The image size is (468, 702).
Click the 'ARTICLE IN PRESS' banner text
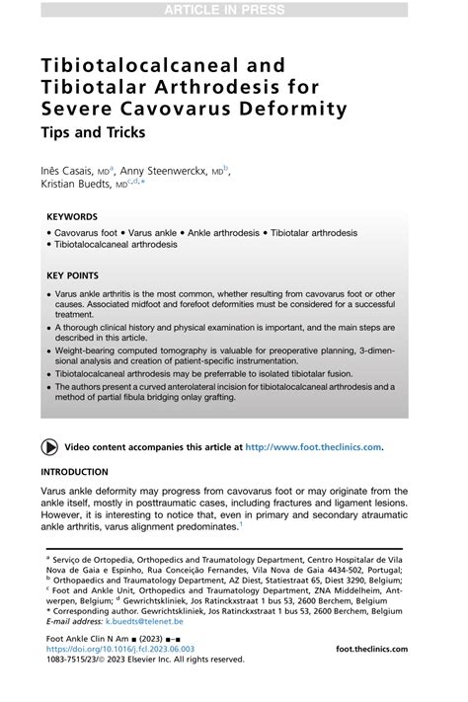(x=234, y=11)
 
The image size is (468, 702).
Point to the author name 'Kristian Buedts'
(x=75, y=186)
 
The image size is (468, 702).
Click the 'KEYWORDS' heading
(x=72, y=216)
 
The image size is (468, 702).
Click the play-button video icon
(x=48, y=446)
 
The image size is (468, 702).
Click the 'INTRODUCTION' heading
(x=75, y=472)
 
